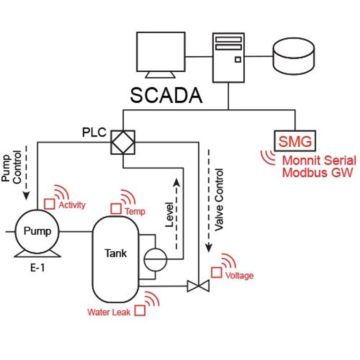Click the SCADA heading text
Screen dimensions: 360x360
coord(166,95)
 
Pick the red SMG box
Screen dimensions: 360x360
coord(295,140)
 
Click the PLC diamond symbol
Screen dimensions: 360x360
coord(123,142)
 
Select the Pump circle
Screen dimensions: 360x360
coord(37,231)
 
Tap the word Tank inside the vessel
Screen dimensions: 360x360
coord(115,254)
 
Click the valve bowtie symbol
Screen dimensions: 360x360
coord(198,285)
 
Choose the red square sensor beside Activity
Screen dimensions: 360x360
coord(49,204)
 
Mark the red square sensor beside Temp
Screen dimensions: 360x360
coord(116,209)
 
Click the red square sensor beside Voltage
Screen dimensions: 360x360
coord(216,272)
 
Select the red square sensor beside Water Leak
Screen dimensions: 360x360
coord(140,310)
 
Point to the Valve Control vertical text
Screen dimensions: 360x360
coord(219,199)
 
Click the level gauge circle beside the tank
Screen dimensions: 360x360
coord(155,259)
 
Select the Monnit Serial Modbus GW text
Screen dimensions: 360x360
coord(319,166)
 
